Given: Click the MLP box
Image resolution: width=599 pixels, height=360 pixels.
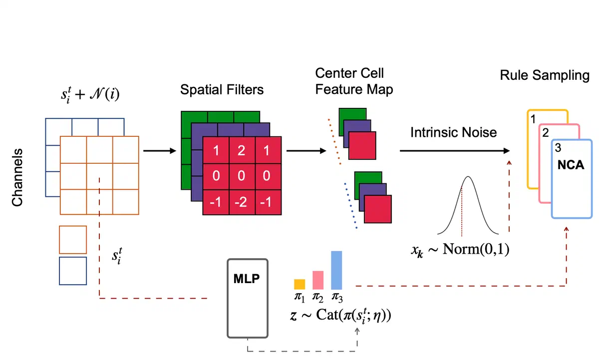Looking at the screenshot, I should (248, 298).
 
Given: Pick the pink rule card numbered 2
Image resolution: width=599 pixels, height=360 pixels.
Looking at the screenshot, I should (544, 165).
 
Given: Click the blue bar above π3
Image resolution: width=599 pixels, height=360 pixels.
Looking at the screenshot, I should (336, 270).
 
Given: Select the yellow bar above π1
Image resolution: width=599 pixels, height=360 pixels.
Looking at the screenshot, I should (299, 284).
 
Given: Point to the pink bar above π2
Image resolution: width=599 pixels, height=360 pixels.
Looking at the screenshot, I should (318, 280).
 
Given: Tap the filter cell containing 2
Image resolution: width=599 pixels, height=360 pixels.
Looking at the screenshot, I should (241, 150).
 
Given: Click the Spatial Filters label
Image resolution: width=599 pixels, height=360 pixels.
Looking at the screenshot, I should (222, 90).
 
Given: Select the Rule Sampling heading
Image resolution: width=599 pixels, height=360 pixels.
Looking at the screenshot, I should (545, 76).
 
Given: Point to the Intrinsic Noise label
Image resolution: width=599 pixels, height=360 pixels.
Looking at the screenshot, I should (454, 132).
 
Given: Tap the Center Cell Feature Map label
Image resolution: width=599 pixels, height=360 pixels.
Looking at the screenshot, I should (354, 81).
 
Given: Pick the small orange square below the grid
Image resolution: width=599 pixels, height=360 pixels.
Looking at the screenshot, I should (73, 239).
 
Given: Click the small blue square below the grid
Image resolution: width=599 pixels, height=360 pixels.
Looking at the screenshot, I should (73, 271).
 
